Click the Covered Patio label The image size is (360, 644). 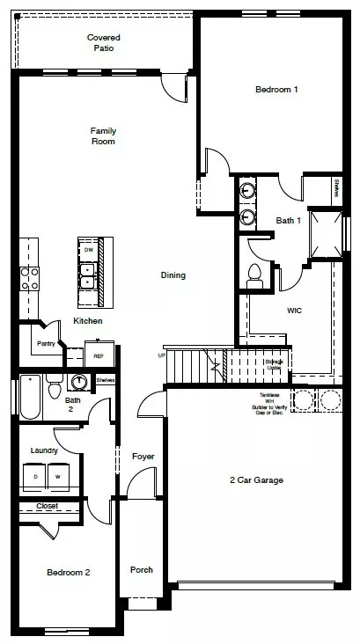click(x=103, y=43)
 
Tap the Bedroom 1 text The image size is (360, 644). click(x=276, y=90)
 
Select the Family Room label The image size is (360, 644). click(x=103, y=135)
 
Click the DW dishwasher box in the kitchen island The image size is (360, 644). click(x=88, y=250)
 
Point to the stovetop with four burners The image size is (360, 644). click(x=29, y=278)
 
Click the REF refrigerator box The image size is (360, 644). click(x=99, y=355)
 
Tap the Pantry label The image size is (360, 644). click(x=48, y=343)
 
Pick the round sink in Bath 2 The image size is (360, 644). click(x=80, y=383)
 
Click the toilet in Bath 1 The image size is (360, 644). click(x=254, y=276)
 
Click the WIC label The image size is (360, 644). click(x=295, y=311)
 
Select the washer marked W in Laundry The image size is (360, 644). click(x=57, y=476)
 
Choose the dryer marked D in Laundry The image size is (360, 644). click(x=35, y=476)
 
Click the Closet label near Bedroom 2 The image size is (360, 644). click(x=47, y=506)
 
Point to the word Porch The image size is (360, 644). click(x=141, y=569)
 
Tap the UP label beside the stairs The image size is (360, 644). click(x=161, y=355)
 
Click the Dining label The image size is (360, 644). click(x=173, y=275)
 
